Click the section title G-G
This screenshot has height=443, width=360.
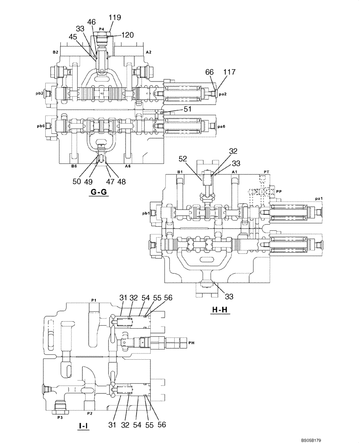[98, 192]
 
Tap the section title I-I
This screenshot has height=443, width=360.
[83, 426]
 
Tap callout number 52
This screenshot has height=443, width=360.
[183, 158]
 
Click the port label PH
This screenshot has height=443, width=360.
[191, 342]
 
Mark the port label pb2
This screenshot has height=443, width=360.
[39, 93]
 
